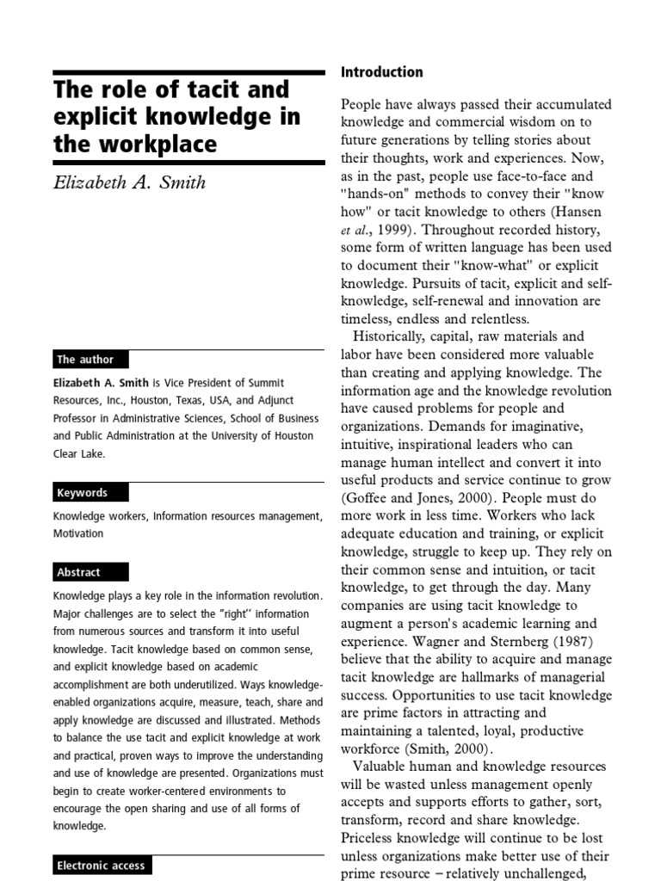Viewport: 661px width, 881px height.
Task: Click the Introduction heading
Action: (382, 72)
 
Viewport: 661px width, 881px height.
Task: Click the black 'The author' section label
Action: (85, 360)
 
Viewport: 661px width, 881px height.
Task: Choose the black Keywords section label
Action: (83, 493)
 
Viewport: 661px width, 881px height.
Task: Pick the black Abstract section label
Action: (79, 572)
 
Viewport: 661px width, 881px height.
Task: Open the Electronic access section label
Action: (101, 866)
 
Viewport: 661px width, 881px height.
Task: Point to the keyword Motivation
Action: (78, 533)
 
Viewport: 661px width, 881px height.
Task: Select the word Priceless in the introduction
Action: (372, 838)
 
